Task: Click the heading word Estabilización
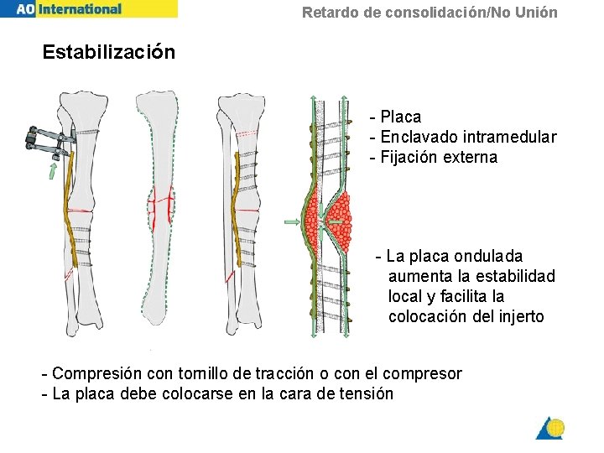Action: point(109,52)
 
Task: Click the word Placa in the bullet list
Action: point(400,117)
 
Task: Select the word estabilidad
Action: point(514,276)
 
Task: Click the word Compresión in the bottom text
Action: point(98,373)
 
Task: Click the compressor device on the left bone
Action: point(45,142)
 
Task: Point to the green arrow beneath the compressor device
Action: point(52,172)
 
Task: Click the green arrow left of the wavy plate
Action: point(292,221)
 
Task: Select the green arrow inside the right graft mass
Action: point(340,221)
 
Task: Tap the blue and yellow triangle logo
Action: point(550,428)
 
